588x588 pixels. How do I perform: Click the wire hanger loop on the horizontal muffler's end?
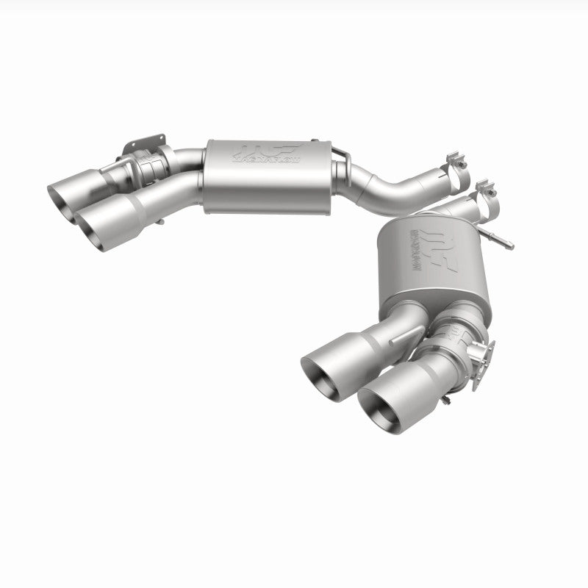click(339, 154)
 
